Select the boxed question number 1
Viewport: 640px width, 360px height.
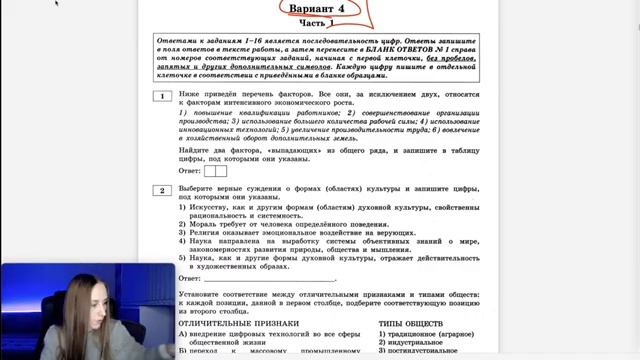(x=161, y=96)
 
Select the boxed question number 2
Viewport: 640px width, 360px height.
(x=161, y=189)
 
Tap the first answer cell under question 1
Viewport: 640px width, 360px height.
(x=210, y=171)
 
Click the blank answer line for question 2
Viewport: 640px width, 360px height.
(x=270, y=279)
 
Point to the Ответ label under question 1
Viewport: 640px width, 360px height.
(x=189, y=171)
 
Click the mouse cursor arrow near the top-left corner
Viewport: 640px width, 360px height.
(x=56, y=3)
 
